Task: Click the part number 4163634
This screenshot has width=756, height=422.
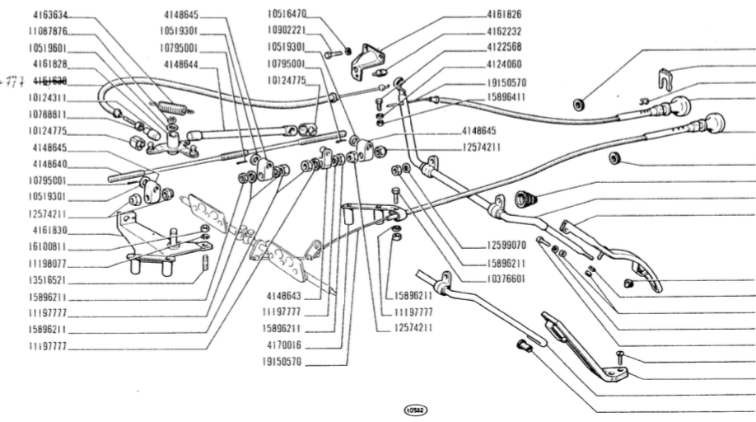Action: click(x=52, y=15)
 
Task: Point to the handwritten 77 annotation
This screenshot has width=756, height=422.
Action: click(x=14, y=81)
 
